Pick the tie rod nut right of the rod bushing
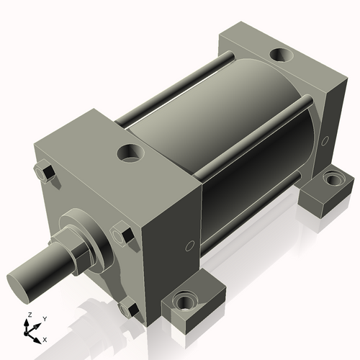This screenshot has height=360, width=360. click(x=122, y=235)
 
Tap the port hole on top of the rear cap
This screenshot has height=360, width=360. click(x=279, y=54)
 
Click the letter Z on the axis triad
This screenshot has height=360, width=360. click(x=29, y=315)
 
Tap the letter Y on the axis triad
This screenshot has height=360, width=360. click(x=44, y=318)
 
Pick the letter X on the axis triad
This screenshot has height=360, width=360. click(x=45, y=338)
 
